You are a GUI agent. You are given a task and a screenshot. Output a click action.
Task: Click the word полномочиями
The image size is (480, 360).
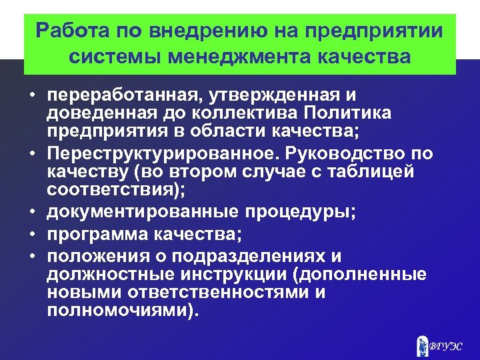coord(119,309)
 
